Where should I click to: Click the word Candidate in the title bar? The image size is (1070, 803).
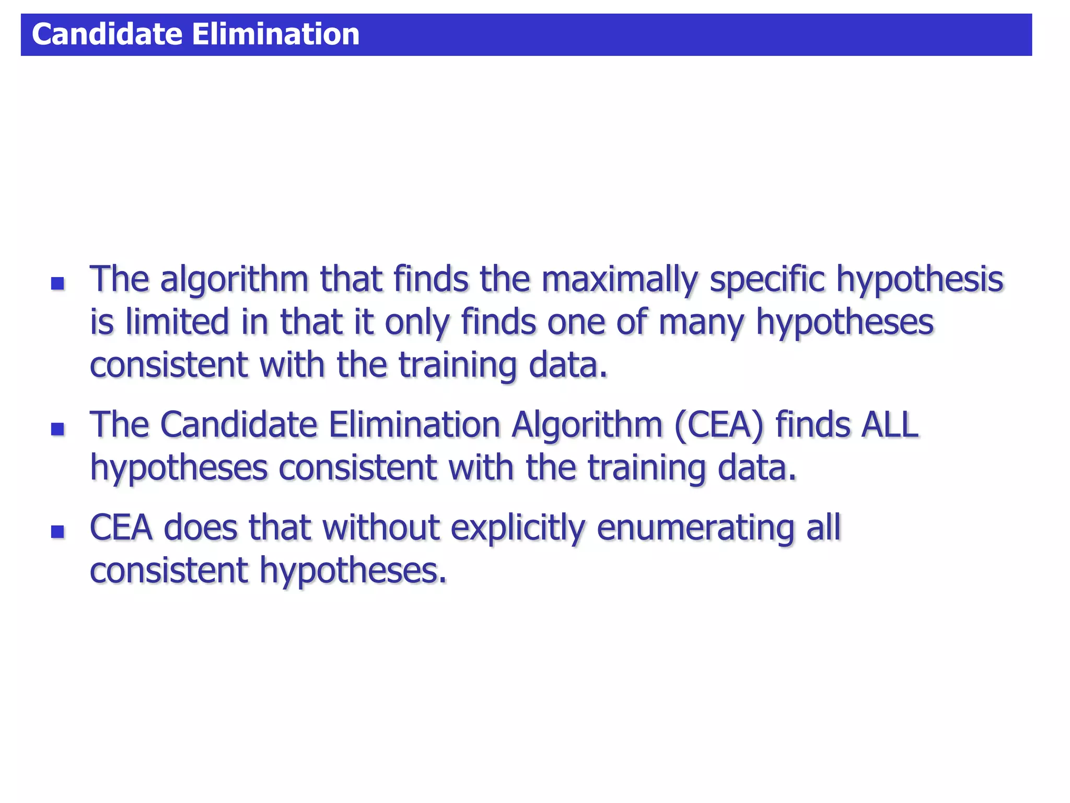coord(107,35)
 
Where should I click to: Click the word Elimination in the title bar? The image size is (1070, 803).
coord(275,35)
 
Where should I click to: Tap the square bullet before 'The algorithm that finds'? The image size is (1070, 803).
coord(57,283)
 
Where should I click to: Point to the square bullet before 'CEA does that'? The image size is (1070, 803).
coord(57,532)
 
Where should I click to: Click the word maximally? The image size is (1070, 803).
coord(619,280)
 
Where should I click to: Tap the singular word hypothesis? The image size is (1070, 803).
coord(920,280)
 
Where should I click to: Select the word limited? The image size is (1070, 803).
coord(177,322)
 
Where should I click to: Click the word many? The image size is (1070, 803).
coord(701,323)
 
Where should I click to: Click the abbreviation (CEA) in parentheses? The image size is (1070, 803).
coord(719,425)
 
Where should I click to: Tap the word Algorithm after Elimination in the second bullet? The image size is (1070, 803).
coord(587,425)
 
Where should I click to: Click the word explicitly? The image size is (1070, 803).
coord(517,528)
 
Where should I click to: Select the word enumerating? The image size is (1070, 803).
coord(695,528)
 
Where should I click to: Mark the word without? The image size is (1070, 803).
coord(380,528)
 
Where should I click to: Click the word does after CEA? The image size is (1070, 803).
coord(201,528)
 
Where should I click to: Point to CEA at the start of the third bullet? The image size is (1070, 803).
coord(121,528)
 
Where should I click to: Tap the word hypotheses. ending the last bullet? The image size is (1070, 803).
coord(353,571)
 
